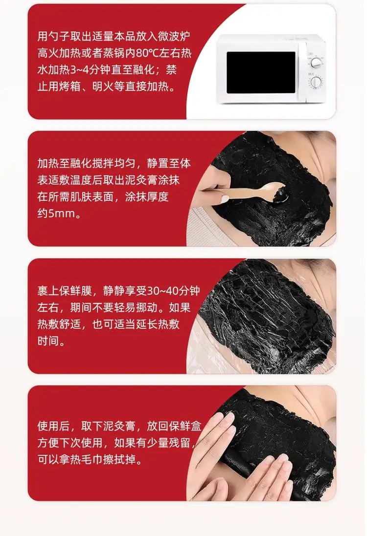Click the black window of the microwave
click(261, 72)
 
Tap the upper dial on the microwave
click(316, 63)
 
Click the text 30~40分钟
click(174, 291)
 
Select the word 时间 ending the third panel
click(48, 341)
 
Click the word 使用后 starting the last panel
click(54, 426)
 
